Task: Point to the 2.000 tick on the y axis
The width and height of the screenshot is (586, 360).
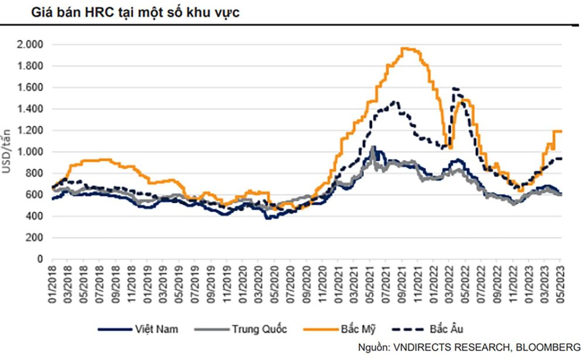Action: tap(30, 45)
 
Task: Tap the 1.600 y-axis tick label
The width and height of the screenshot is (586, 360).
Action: tap(30, 87)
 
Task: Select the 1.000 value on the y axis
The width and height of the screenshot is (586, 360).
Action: tap(30, 152)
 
